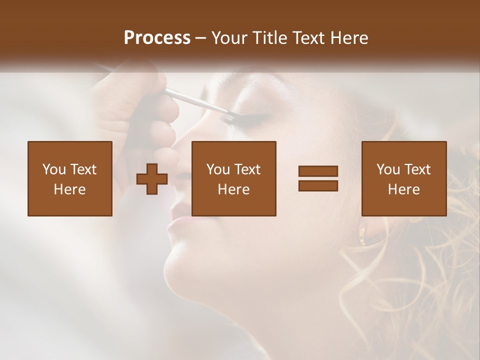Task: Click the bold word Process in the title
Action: (157, 38)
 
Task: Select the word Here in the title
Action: (349, 38)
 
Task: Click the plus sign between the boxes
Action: (152, 178)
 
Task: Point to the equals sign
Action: (318, 178)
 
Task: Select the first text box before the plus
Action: (70, 178)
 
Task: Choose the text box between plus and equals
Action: (234, 178)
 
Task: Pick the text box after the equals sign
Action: (404, 178)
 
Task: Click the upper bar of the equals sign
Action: (318, 171)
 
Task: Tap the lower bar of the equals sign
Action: (318, 185)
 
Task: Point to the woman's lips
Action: (176, 220)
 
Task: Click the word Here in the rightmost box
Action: (404, 189)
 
